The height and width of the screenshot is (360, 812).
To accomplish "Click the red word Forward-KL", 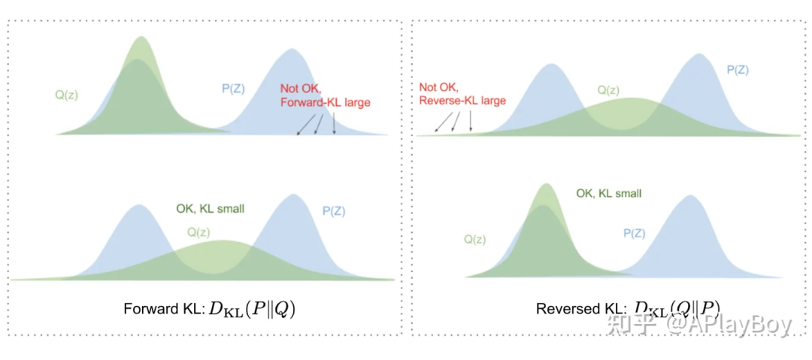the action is click(x=308, y=102).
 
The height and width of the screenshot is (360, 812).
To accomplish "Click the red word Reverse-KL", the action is click(x=447, y=100).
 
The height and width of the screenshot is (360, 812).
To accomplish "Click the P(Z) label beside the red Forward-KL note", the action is click(x=233, y=88).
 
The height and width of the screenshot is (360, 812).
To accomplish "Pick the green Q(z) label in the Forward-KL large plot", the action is click(x=66, y=95).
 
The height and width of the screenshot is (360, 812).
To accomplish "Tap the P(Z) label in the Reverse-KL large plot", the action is click(x=738, y=69).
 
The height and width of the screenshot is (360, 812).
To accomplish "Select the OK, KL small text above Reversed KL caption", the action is click(x=608, y=193).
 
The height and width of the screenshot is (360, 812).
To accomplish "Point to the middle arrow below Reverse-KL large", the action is click(x=454, y=121).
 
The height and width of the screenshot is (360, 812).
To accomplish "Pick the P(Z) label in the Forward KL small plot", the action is click(x=334, y=211).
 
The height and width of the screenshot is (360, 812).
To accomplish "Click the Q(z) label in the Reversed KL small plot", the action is click(x=474, y=240).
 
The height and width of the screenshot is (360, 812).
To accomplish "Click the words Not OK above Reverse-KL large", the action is click(x=437, y=87).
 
